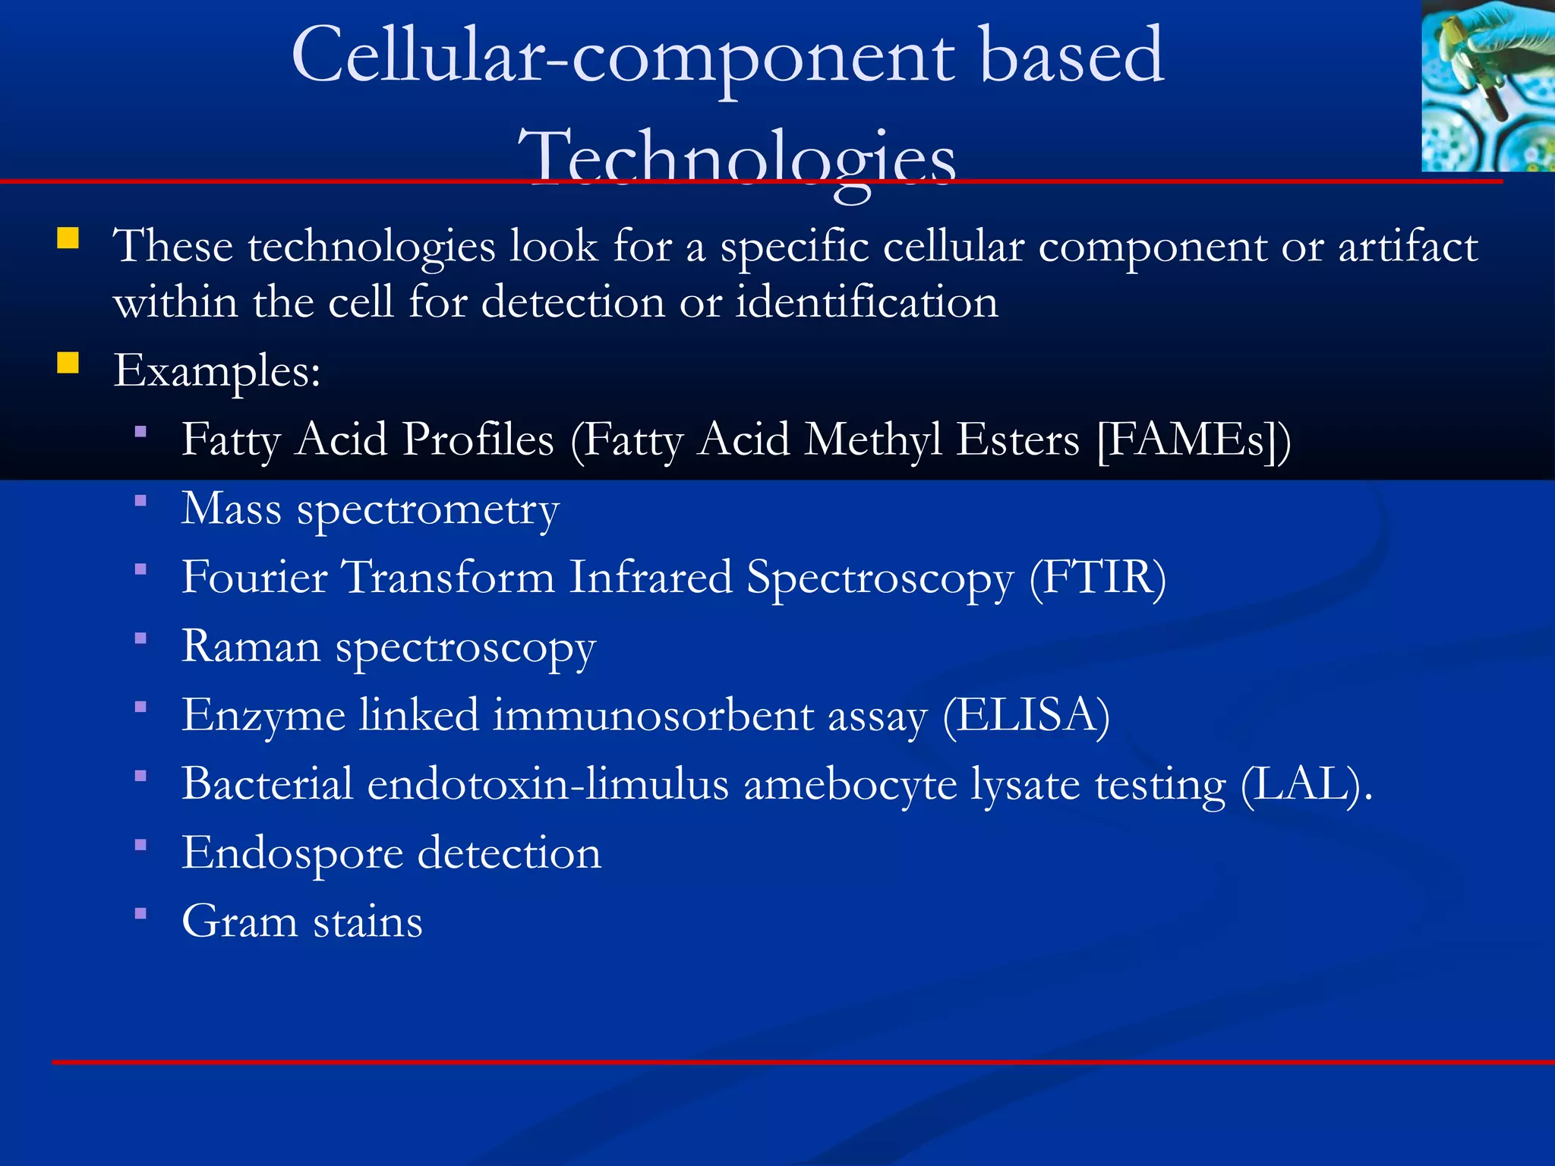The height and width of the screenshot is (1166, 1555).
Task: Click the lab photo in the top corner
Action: pyautogui.click(x=1487, y=85)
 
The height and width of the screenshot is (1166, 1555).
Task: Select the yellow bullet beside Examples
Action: pyautogui.click(x=68, y=364)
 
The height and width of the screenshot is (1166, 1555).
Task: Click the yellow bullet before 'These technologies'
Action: pyautogui.click(x=68, y=239)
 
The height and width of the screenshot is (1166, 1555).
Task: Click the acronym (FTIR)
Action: pyautogui.click(x=1097, y=578)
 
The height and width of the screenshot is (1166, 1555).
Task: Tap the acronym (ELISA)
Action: pyautogui.click(x=1026, y=716)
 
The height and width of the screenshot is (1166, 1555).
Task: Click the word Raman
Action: pyautogui.click(x=251, y=647)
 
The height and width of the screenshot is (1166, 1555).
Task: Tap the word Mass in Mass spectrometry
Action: pyautogui.click(x=231, y=509)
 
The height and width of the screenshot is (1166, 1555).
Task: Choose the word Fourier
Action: pyautogui.click(x=254, y=578)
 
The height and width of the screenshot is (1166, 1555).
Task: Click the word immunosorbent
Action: pyautogui.click(x=653, y=716)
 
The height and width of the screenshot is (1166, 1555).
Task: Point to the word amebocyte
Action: pyautogui.click(x=850, y=785)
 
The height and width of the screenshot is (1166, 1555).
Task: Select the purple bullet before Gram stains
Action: pyautogui.click(x=140, y=914)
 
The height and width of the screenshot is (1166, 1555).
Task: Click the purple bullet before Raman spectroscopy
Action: pyautogui.click(x=140, y=638)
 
